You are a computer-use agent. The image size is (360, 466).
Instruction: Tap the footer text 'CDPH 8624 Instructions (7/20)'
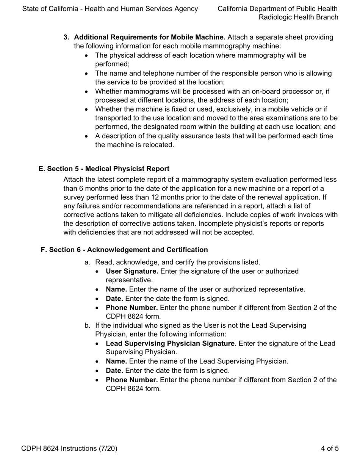point(69,449)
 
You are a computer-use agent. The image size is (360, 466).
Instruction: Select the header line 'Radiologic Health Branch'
point(298,17)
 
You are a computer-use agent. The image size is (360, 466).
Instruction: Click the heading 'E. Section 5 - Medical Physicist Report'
point(104,169)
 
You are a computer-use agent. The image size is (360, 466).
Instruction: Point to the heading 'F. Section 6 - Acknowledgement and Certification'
point(124,250)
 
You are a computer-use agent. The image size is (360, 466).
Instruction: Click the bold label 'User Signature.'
point(132,271)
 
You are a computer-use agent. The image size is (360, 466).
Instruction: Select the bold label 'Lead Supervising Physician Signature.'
point(171,343)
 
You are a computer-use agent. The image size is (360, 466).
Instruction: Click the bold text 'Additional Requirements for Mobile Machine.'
point(150,37)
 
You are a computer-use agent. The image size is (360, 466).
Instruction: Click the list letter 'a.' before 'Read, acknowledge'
point(88,262)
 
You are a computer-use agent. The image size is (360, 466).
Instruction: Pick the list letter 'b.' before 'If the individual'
point(88,325)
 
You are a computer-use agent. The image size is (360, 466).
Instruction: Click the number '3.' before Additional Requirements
point(66,37)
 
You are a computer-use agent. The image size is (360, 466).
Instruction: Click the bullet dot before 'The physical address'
point(88,56)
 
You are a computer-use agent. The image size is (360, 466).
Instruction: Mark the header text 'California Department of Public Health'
point(278,8)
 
